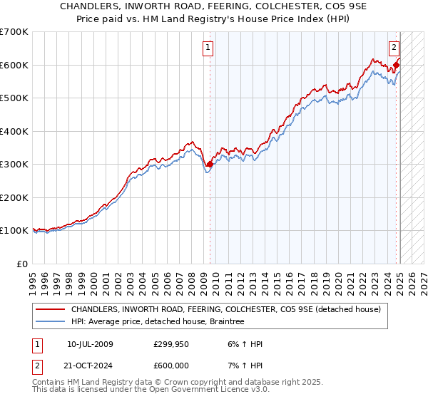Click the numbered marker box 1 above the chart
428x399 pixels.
pos(208,48)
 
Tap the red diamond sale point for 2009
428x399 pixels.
pos(210,165)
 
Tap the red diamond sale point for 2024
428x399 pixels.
pos(397,66)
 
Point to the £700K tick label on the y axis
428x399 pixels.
pos(14,32)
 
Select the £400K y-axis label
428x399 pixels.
pos(14,131)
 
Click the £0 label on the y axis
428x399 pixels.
pos(22,264)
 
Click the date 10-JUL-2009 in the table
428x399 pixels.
pos(90,344)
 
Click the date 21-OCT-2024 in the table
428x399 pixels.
pos(90,366)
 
